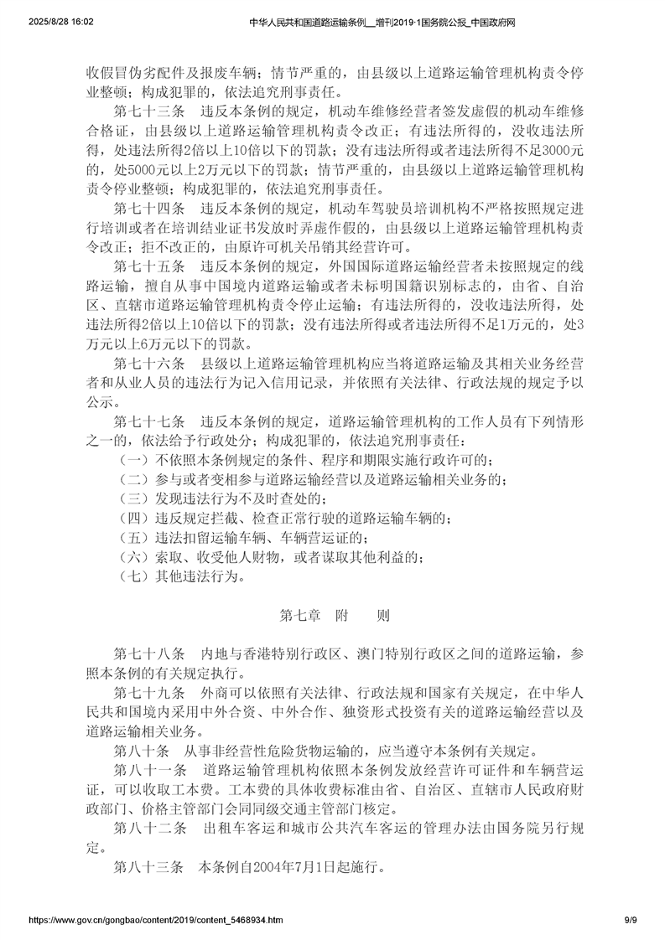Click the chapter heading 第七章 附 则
coord(333,616)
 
